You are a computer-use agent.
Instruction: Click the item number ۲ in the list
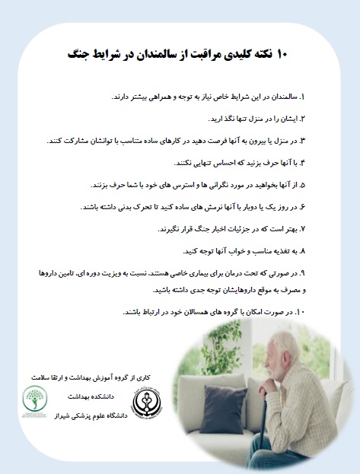coord(302,119)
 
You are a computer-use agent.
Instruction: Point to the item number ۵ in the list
coord(302,185)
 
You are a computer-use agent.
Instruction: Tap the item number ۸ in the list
coord(302,250)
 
